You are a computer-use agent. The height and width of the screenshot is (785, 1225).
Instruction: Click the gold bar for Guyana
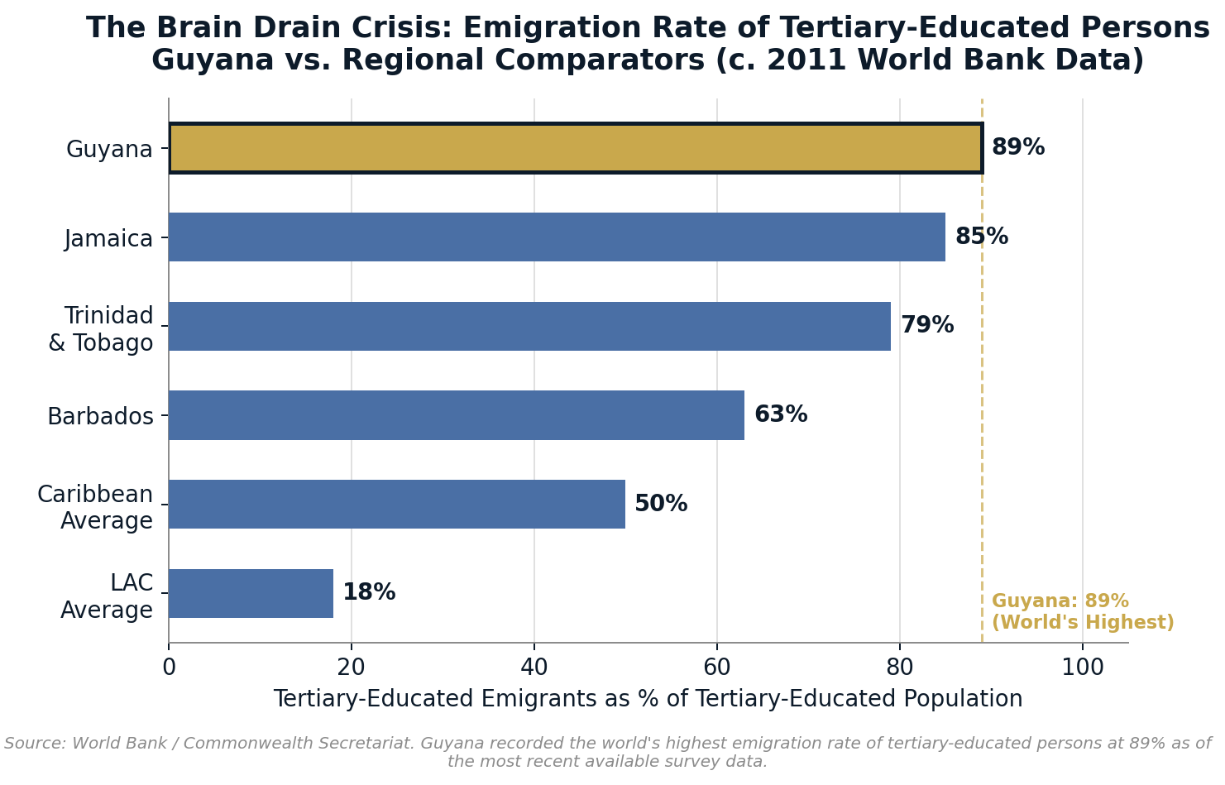point(576,148)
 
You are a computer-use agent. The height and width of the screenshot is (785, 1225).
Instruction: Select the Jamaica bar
point(557,237)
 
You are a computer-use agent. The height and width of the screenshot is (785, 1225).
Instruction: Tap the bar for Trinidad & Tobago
point(529,326)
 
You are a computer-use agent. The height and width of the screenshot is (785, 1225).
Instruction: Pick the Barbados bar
point(457,415)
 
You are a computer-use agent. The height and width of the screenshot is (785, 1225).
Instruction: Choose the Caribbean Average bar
point(397,504)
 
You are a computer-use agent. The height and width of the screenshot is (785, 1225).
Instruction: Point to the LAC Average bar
point(251,593)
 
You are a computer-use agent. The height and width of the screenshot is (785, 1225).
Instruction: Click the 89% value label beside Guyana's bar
point(1017,148)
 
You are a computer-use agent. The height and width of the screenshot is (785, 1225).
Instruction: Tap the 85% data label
point(981,237)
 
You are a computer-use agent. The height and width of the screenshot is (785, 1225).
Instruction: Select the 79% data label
point(926,326)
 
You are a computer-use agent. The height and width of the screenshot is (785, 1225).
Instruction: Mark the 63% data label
point(780,415)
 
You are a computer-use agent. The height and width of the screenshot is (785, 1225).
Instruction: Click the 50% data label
point(660,504)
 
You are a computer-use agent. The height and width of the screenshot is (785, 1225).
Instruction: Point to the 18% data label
point(368,593)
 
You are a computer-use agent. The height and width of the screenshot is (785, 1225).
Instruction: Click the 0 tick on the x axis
point(169,668)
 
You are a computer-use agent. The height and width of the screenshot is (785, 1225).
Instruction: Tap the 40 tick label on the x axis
point(534,668)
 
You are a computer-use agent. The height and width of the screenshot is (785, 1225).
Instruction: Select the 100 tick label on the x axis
point(1082,668)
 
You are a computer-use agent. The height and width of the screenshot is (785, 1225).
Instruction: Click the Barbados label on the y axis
point(100,417)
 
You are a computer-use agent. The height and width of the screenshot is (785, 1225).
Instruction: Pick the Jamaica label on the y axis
point(108,239)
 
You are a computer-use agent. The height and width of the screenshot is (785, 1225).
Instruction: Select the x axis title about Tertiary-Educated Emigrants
point(648,699)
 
